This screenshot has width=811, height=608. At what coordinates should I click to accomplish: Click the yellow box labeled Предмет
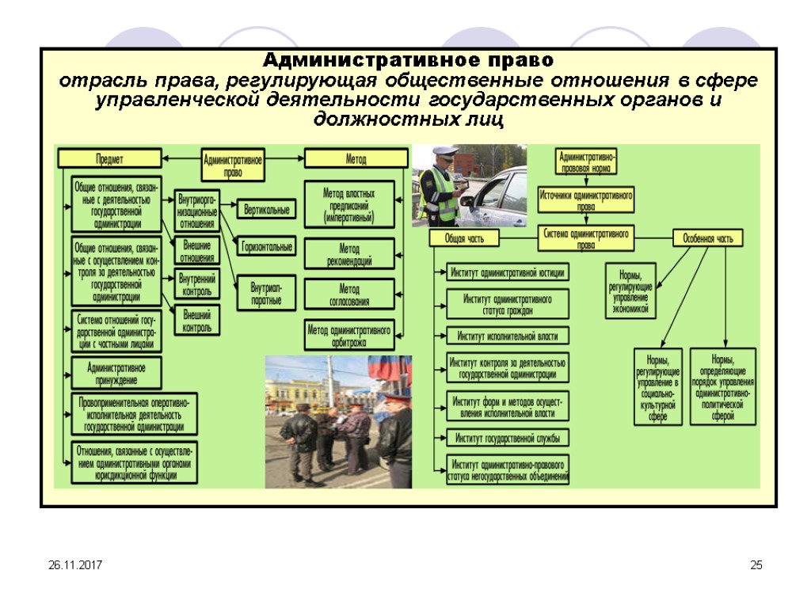click(x=109, y=158)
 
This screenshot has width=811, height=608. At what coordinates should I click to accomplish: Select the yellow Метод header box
click(x=356, y=158)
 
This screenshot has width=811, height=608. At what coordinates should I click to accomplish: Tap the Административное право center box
click(x=234, y=165)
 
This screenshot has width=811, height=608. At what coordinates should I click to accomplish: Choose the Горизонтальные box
click(x=267, y=247)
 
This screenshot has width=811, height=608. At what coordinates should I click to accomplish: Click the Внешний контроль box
click(x=196, y=320)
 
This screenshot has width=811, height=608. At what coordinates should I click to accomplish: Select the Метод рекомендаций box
click(x=349, y=255)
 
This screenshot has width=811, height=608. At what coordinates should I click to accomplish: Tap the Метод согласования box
click(x=349, y=295)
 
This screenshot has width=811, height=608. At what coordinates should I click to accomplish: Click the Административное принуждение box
click(x=116, y=373)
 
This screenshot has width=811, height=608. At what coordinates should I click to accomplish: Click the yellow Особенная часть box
click(x=708, y=237)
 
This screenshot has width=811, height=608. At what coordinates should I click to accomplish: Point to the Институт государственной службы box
click(x=508, y=437)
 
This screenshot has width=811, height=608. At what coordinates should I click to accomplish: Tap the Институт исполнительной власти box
click(x=508, y=336)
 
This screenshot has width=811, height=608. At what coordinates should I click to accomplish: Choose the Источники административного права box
click(x=586, y=199)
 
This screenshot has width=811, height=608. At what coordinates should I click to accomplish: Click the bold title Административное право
click(x=408, y=61)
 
